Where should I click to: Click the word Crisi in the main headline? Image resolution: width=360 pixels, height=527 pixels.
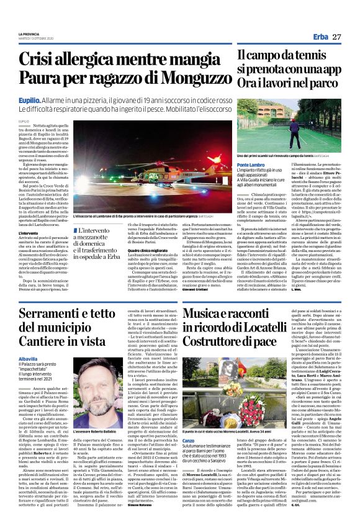point(42,59)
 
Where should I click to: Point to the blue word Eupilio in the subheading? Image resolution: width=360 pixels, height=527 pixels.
point(30,99)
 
